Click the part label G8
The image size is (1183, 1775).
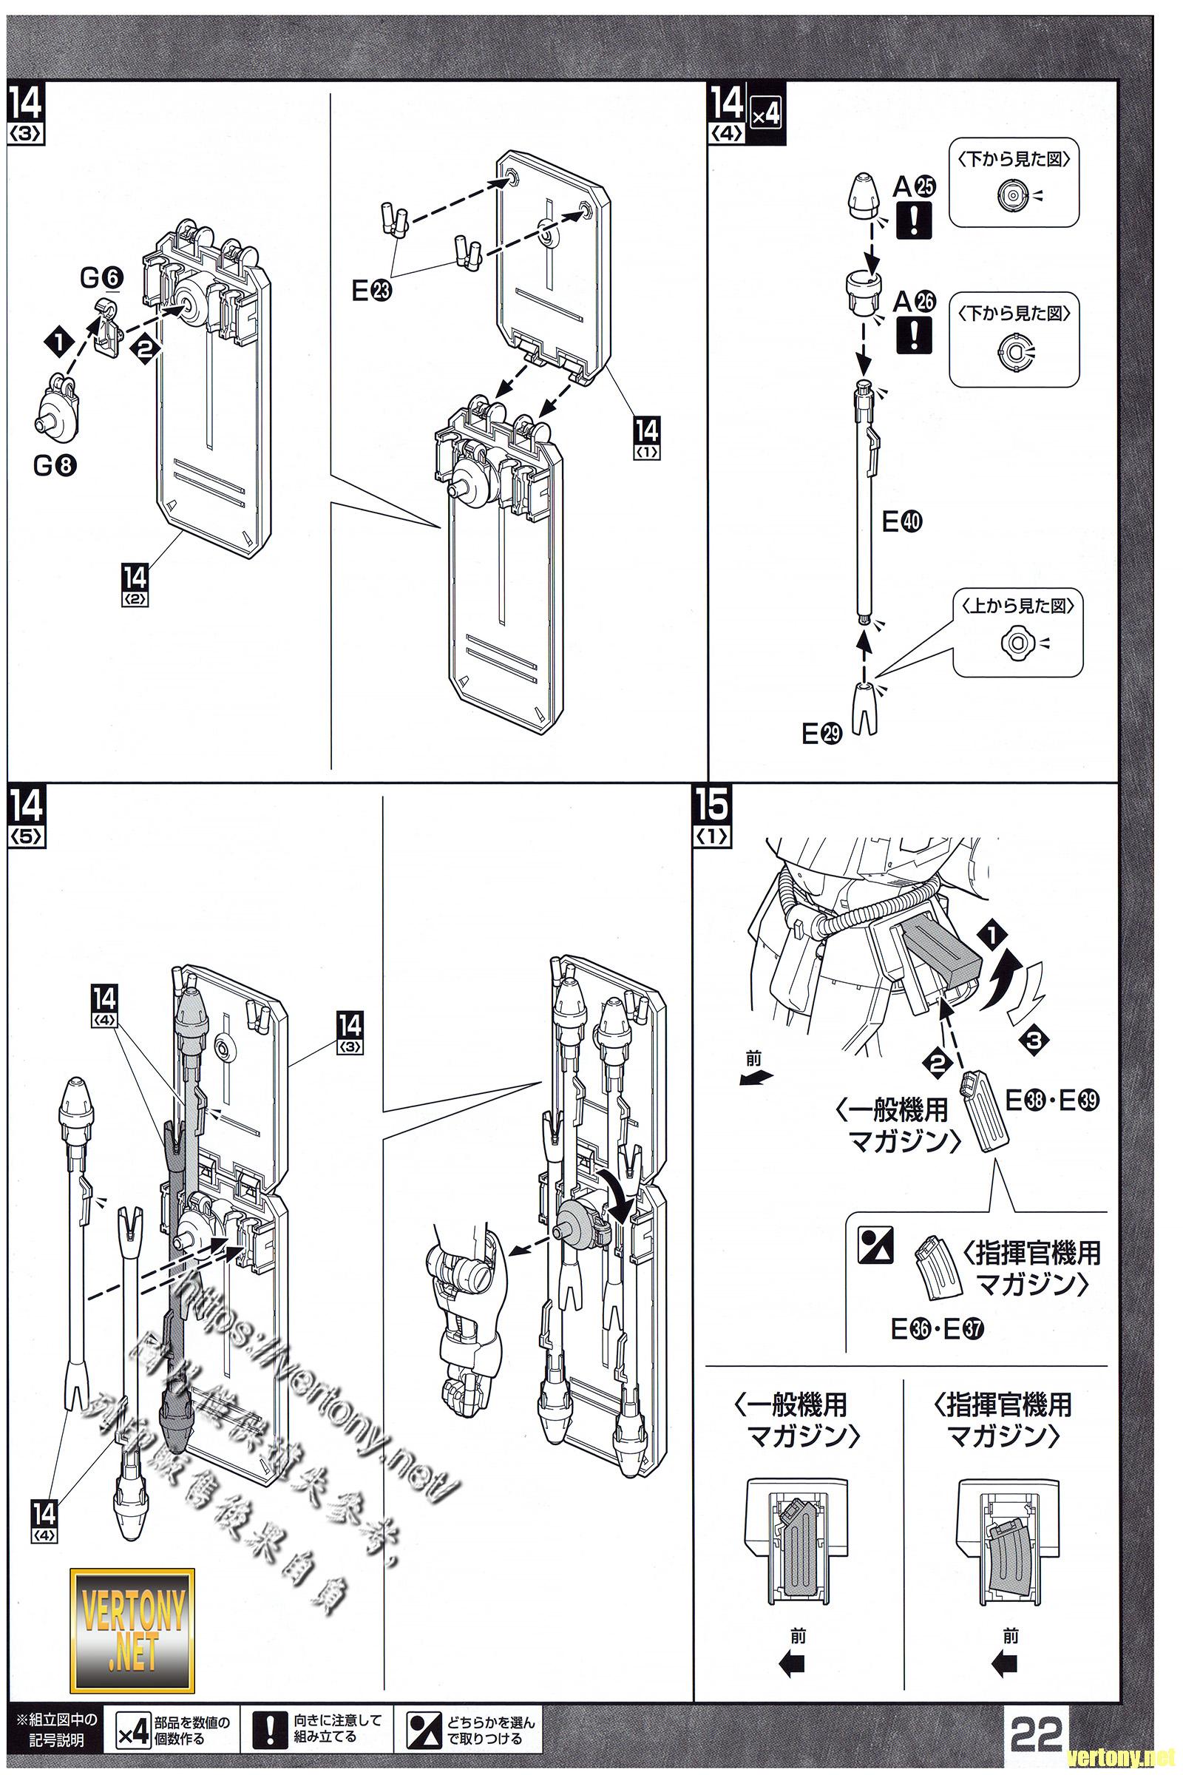tap(55, 466)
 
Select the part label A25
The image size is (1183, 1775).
tap(914, 186)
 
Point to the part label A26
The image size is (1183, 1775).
tap(914, 302)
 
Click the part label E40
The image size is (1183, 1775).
tap(901, 521)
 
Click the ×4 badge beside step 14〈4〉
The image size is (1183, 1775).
tap(765, 115)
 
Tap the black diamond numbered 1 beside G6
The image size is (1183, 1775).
tap(59, 342)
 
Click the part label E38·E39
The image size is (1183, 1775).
tap(1052, 1101)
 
